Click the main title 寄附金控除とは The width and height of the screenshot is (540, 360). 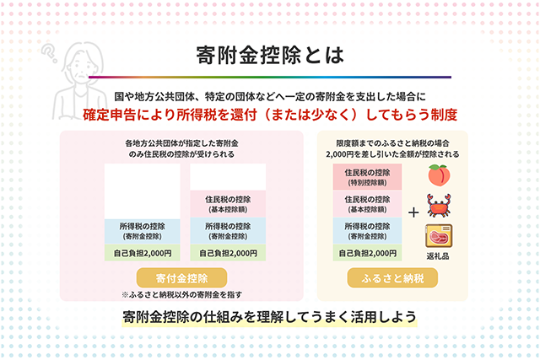coord(270,56)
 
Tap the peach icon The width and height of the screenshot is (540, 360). coord(439,175)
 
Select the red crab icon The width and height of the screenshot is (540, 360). coord(439,205)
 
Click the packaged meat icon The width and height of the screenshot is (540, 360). coord(439,236)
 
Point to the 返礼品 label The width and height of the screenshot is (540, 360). coord(438,256)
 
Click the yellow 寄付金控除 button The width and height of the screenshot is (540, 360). coord(181,277)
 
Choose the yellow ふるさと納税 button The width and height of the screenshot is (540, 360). coord(392,277)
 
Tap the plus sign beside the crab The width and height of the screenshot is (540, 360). coord(413,212)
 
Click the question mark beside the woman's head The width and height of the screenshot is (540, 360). coord(50,53)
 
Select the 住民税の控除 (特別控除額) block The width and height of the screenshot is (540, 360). coord(367,177)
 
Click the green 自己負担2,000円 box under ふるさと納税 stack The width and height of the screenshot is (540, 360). coord(367,253)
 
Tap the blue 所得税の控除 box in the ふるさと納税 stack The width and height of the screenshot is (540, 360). coord(367,231)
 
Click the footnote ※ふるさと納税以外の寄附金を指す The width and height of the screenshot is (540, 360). coord(182,294)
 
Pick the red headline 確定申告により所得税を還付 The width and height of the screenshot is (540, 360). coord(170,115)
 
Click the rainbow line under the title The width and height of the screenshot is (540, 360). coord(270,77)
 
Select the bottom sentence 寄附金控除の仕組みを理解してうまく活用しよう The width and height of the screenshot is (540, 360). coord(269,317)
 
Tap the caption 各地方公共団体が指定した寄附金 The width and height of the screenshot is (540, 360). coord(181,143)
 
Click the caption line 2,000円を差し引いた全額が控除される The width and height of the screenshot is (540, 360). coord(392,154)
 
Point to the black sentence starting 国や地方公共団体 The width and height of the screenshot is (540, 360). coord(270,96)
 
